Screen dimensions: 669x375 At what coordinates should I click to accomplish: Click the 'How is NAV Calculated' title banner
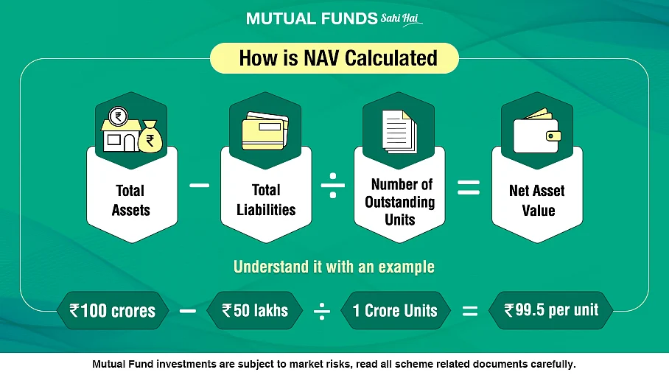(x=334, y=58)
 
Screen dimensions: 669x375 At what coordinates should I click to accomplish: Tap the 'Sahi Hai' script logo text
(x=401, y=19)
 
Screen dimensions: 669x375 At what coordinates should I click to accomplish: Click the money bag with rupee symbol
(x=150, y=136)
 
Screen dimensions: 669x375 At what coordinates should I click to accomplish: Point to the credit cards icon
(x=265, y=131)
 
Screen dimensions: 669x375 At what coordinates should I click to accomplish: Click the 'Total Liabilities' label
(x=266, y=200)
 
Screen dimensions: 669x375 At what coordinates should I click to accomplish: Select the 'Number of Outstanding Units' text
(x=400, y=202)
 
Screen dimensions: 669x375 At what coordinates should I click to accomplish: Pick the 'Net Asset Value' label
(x=537, y=200)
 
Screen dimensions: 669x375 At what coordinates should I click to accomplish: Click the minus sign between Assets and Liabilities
(x=199, y=185)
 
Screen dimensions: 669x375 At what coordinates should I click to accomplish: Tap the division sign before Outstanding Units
(x=333, y=185)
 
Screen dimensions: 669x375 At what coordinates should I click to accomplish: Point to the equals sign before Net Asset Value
(x=469, y=187)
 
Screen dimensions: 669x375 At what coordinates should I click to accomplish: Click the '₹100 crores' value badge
(x=113, y=310)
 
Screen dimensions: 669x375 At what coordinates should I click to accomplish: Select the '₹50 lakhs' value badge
(x=255, y=310)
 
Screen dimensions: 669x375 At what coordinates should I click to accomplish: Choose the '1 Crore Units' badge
(x=396, y=310)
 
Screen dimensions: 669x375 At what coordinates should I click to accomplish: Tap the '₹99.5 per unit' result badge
(x=551, y=310)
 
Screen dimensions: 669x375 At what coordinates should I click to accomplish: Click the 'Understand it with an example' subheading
(x=334, y=267)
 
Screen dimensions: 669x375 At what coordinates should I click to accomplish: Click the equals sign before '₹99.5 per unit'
(x=470, y=311)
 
